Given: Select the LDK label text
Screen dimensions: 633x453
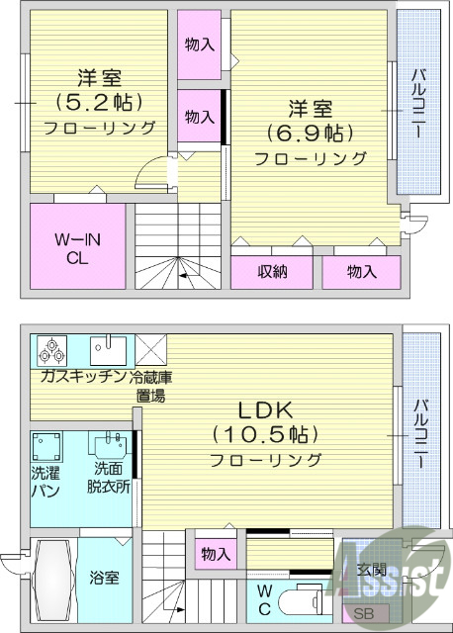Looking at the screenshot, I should [265, 408].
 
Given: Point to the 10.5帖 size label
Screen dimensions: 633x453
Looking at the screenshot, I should [265, 433].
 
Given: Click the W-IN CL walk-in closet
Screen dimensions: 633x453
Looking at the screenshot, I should [75, 247].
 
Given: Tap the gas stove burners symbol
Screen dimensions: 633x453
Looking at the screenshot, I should [51, 351].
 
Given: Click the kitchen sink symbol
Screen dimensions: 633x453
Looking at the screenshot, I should [108, 349].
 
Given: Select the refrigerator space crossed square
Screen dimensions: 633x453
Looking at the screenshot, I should [150, 350].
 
